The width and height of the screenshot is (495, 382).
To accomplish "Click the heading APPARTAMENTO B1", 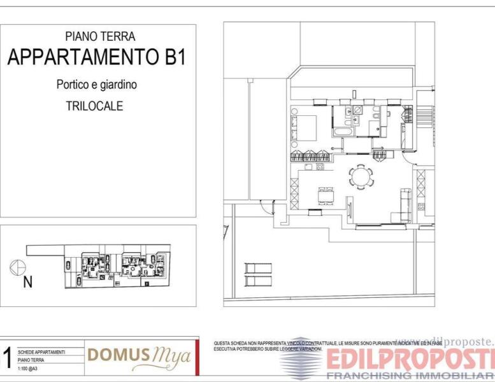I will click(x=97, y=57).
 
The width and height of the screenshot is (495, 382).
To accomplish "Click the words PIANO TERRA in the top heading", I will click(x=100, y=37).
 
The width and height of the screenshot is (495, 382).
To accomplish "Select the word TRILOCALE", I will click(x=94, y=106).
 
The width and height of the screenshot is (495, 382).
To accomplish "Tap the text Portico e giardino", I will click(x=96, y=84).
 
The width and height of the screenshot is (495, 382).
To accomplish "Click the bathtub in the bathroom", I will click(x=343, y=131).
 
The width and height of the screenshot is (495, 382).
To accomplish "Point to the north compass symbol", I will click(x=17, y=268).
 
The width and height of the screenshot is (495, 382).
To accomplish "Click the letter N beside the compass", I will click(x=27, y=282).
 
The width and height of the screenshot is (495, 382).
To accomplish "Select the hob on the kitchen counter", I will click(x=320, y=167).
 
